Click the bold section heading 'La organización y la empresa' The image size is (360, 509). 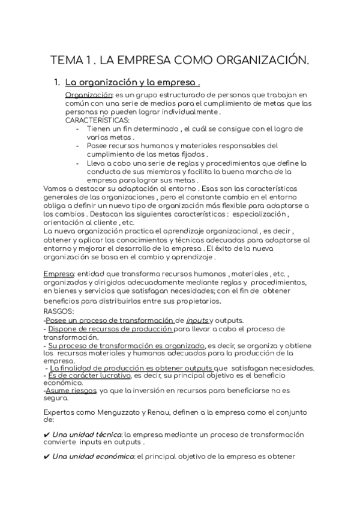[132, 83]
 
